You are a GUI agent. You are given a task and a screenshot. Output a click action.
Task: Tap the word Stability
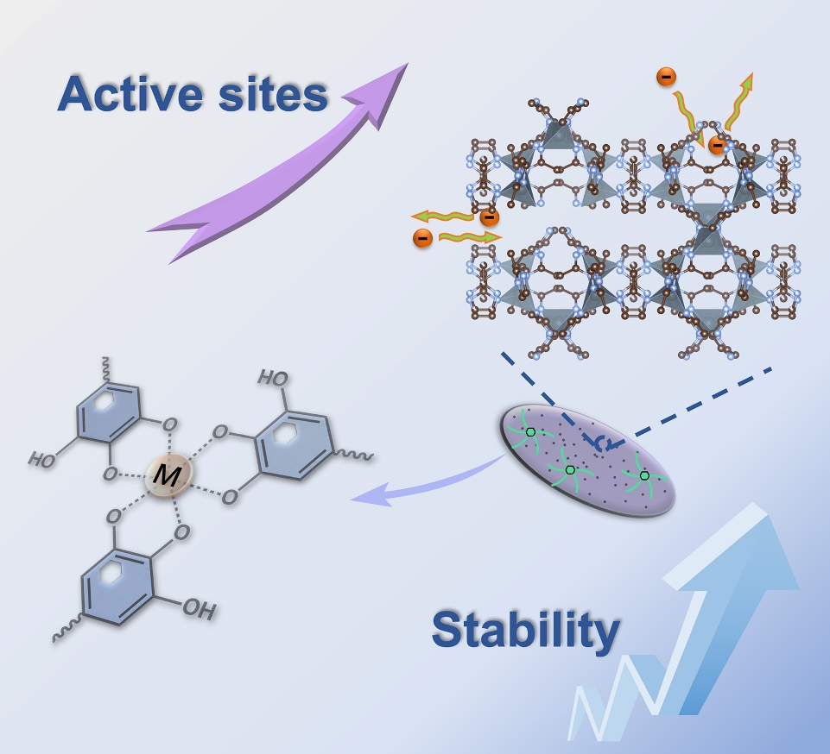(526, 629)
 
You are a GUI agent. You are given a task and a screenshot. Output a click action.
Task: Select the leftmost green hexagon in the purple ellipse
(530, 431)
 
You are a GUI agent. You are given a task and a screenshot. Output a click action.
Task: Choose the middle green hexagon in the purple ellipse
(570, 469)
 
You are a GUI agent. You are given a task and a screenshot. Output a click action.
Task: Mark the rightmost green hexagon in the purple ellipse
(644, 475)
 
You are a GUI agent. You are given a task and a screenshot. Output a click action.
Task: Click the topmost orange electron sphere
(666, 78)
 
